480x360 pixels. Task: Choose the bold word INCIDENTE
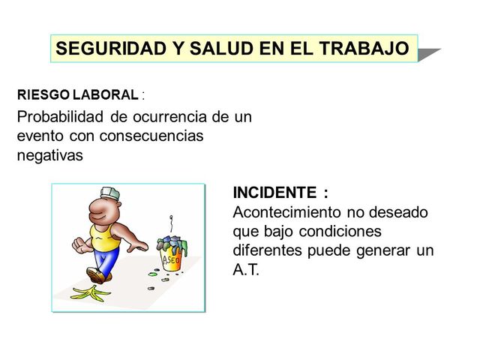[x=274, y=193]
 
